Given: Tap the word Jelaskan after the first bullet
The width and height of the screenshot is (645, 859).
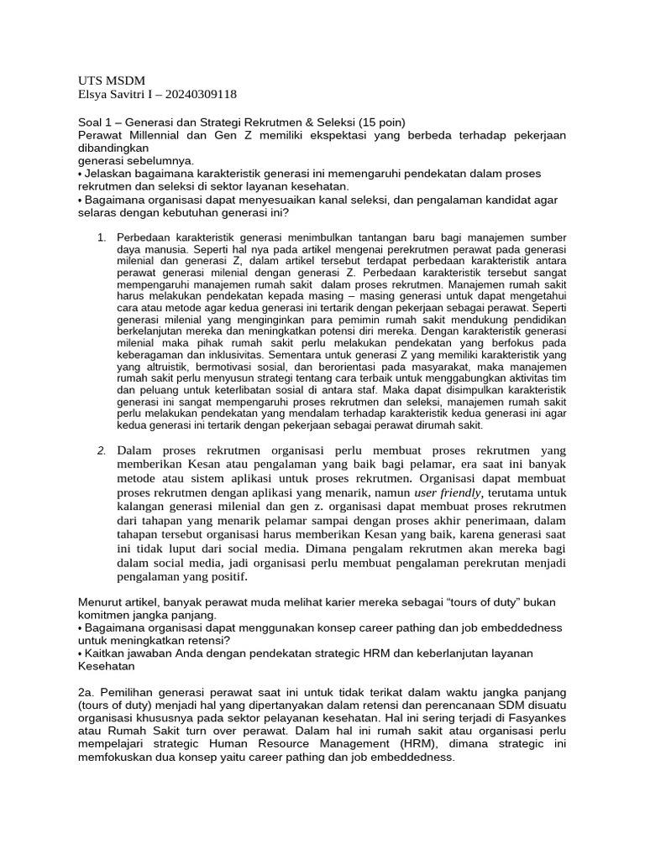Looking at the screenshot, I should click(x=109, y=173).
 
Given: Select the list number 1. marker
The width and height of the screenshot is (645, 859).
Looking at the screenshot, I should click(x=102, y=237).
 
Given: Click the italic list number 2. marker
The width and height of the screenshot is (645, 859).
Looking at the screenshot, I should click(x=102, y=450).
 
